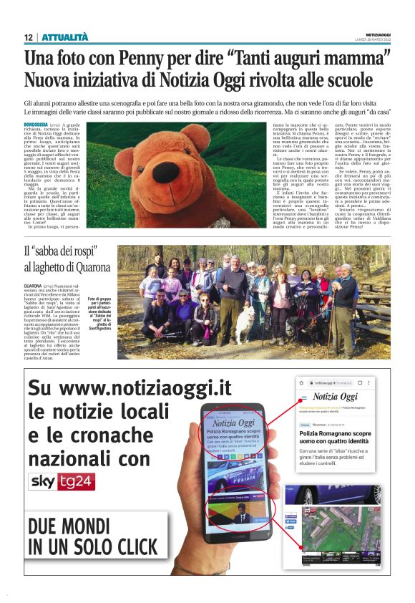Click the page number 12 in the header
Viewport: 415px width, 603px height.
[28, 37]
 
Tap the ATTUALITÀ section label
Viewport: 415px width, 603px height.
[65, 37]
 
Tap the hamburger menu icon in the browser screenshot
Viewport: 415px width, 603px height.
[305, 397]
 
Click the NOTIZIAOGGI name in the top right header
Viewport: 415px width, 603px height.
[376, 33]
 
